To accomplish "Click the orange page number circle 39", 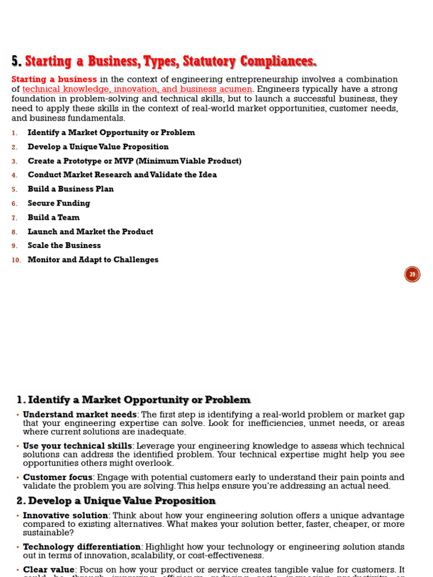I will (412, 274).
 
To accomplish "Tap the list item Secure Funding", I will (59, 203).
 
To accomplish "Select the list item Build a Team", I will (54, 218).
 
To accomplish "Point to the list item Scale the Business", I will (64, 246).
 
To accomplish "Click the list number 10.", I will (16, 260).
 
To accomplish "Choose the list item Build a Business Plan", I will (70, 189).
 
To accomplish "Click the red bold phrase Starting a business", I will (54, 79).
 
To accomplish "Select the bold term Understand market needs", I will (79, 415).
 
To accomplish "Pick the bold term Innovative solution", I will (65, 516).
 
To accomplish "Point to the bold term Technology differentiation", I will (82, 547).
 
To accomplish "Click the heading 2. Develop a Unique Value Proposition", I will (116, 501).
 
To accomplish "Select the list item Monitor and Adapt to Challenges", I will (93, 260).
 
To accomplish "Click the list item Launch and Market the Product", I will (90, 232).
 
